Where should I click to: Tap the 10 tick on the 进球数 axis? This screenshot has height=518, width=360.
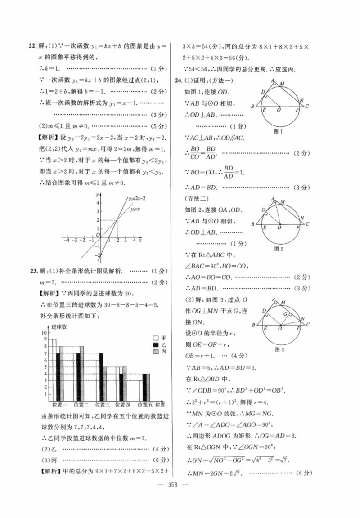coord(44,333)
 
